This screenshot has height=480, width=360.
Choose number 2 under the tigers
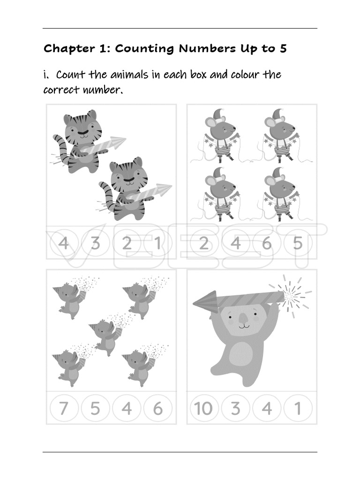127,244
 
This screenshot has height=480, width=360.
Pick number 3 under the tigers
95,244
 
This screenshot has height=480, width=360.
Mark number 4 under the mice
235,244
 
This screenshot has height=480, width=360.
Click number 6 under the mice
267,244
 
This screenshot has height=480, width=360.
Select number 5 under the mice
298,244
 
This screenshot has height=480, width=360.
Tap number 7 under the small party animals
64,409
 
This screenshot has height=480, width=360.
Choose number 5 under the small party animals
95,409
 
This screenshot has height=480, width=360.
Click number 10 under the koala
204,409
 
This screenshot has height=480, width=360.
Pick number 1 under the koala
298,409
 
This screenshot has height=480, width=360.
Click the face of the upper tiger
82,127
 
